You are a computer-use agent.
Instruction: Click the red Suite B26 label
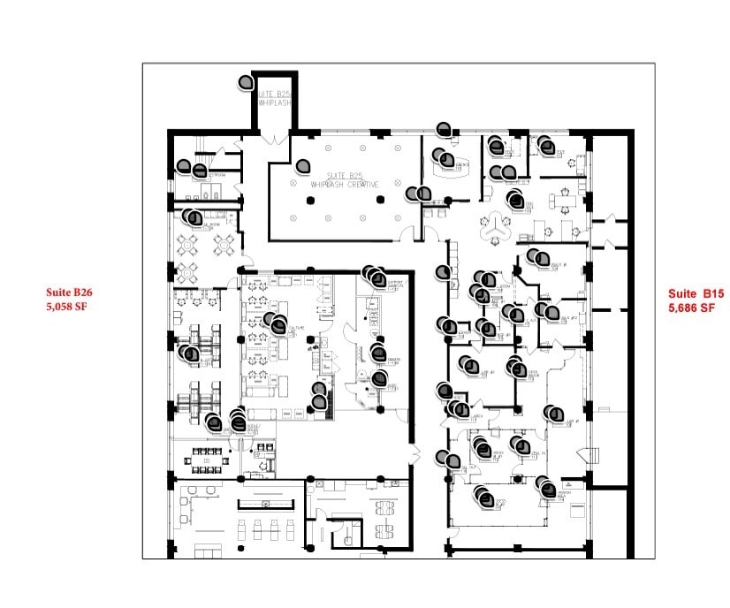pos(70,292)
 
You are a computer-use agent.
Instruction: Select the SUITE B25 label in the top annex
pos(274,93)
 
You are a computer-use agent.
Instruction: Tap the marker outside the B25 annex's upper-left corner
pos(246,82)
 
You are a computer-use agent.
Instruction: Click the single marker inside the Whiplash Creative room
pos(303,165)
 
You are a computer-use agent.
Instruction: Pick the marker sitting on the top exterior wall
pos(444,129)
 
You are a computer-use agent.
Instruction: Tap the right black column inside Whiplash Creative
pos(381,200)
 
